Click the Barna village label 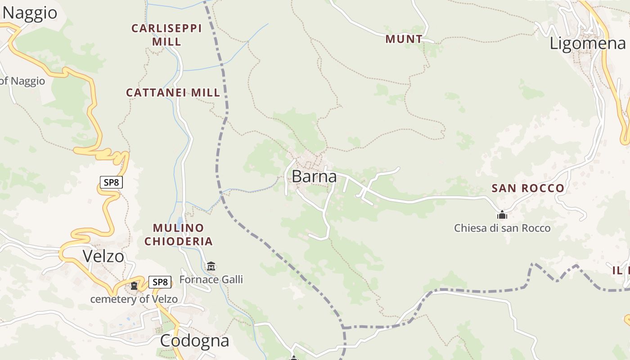click(x=314, y=176)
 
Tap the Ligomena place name click(x=588, y=43)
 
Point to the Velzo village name click(x=103, y=256)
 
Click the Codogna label click(x=194, y=341)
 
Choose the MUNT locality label click(x=404, y=39)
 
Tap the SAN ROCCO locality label click(x=528, y=188)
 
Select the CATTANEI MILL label click(x=173, y=93)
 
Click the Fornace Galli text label click(x=211, y=279)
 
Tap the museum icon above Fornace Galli click(x=211, y=266)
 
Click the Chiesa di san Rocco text click(x=502, y=228)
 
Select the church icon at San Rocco click(x=502, y=215)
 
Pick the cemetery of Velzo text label click(x=134, y=299)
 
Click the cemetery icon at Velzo click(x=134, y=285)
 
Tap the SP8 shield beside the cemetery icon click(x=160, y=282)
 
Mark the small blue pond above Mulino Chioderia click(x=180, y=221)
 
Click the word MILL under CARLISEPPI click(x=166, y=42)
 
